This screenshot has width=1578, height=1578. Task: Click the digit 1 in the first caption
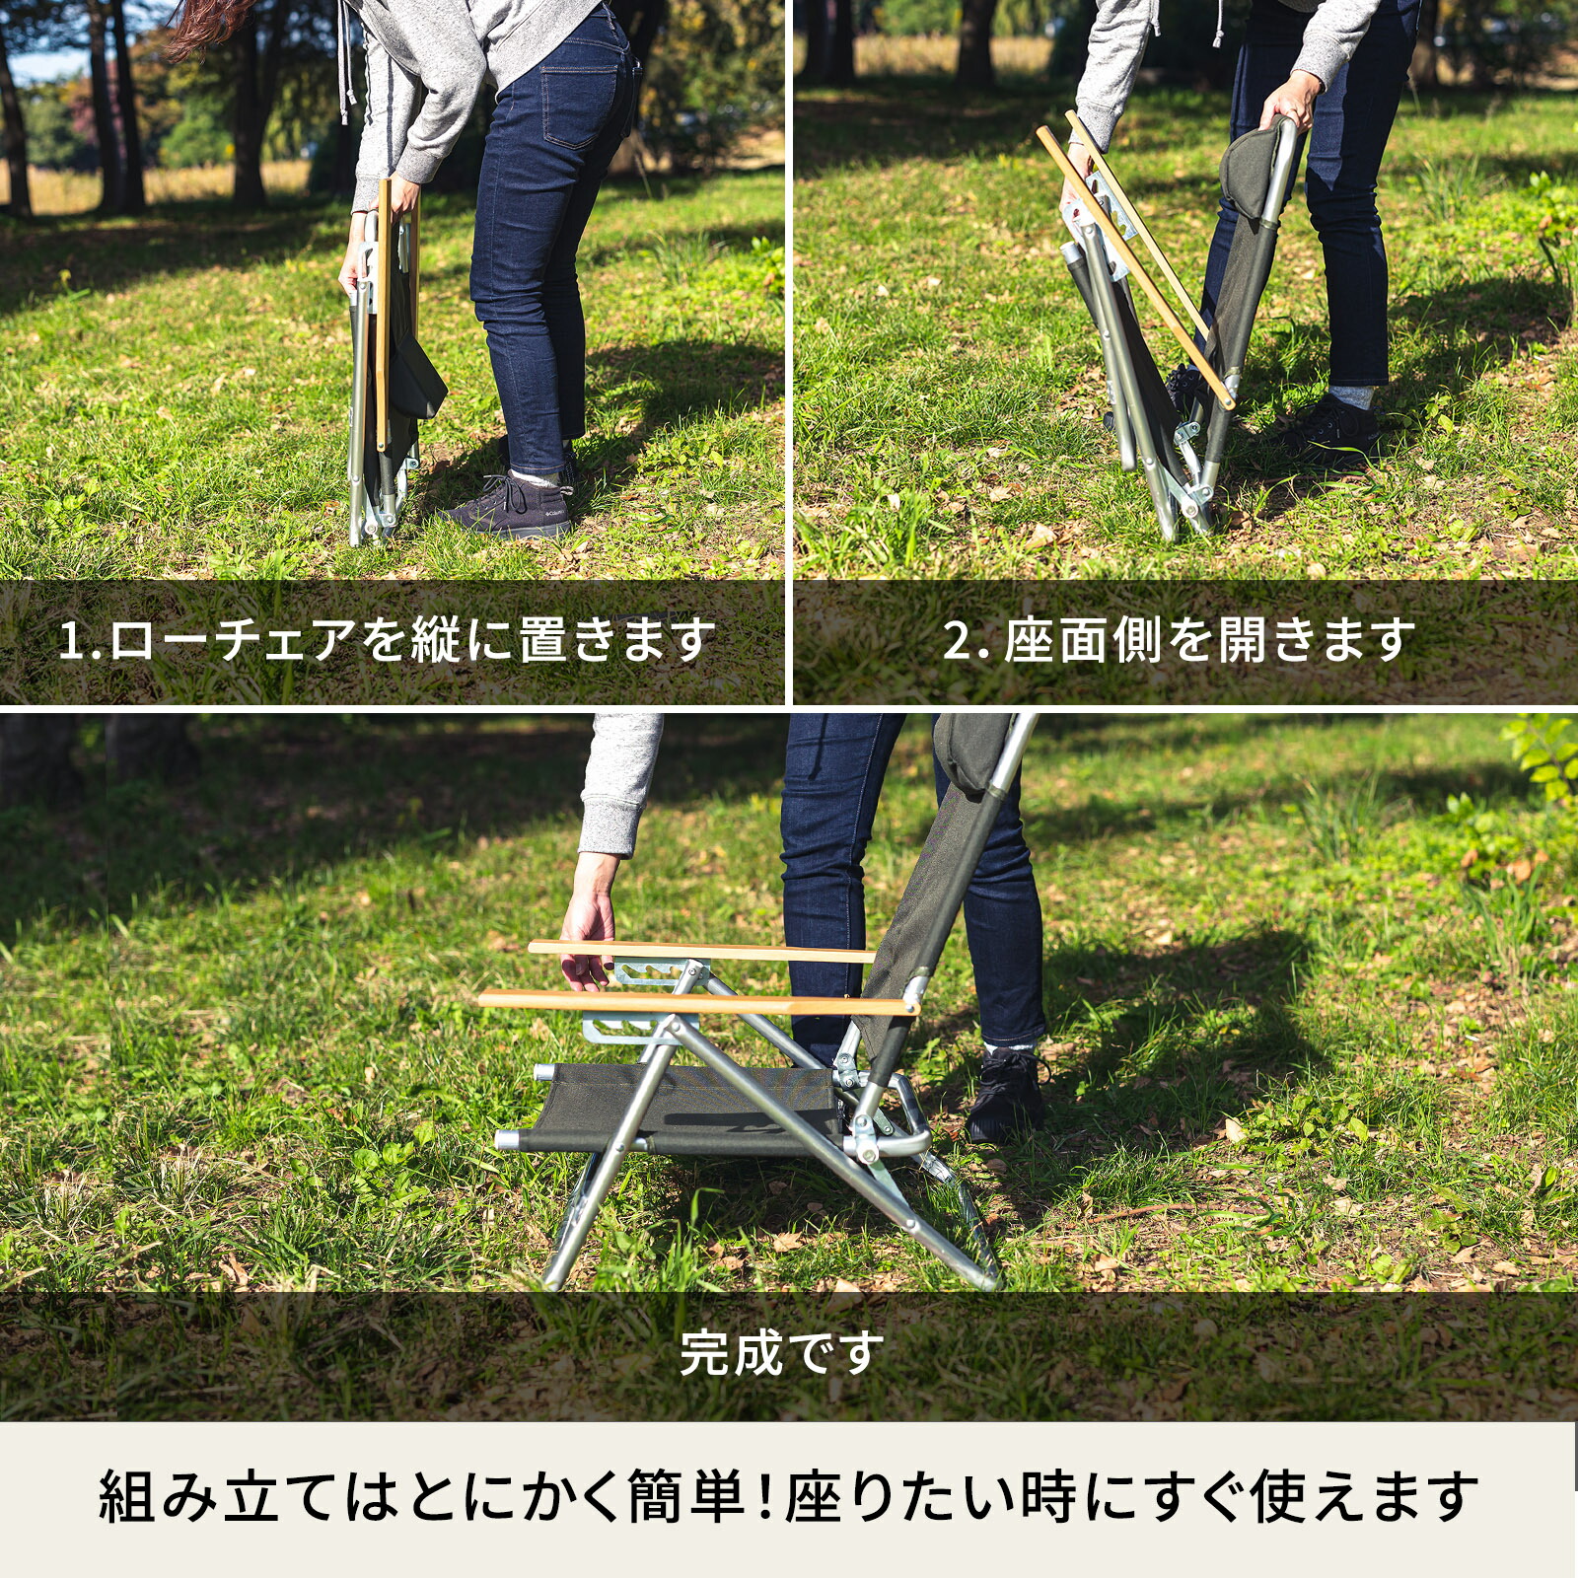[x=70, y=640]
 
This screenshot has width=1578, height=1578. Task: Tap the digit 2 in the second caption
[x=958, y=640]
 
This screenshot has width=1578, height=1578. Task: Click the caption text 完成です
[x=781, y=1353]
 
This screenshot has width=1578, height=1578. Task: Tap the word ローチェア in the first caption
[x=232, y=640]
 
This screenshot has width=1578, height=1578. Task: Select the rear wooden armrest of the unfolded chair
[x=700, y=951]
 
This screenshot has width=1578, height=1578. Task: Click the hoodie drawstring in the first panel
[x=344, y=59]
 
